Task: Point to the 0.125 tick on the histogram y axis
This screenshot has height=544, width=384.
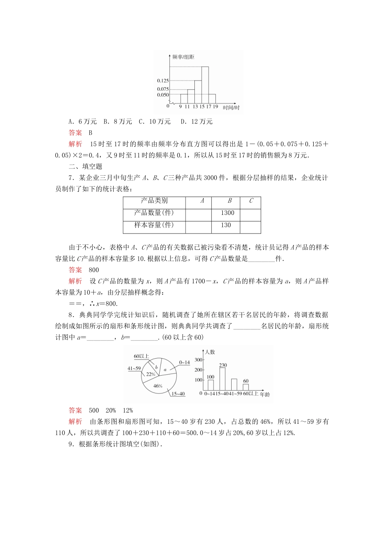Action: point(163,81)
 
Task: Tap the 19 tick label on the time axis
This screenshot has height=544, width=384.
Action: point(215,106)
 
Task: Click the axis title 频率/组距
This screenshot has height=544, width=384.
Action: point(183,57)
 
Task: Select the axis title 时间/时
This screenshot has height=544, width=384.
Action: point(231,108)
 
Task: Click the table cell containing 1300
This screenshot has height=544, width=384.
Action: point(228,213)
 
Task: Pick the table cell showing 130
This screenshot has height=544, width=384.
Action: point(226,225)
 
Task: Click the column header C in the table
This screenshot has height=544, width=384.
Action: point(251,201)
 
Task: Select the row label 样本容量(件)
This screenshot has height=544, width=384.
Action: point(154,225)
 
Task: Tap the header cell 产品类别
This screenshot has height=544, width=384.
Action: point(154,201)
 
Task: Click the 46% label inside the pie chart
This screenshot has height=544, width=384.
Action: point(158,386)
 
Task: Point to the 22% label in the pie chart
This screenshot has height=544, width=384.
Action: point(151,374)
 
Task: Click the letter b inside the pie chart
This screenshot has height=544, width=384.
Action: point(156,367)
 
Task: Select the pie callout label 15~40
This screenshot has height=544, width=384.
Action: point(178,394)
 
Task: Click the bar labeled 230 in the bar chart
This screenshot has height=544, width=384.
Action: point(223,379)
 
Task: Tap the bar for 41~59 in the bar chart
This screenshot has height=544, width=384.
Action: point(234,385)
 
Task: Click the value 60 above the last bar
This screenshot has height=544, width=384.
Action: point(246,381)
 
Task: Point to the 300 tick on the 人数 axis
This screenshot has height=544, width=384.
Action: point(198,360)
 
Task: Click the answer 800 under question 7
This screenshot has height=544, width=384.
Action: point(94,270)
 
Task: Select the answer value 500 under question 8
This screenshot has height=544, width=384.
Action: point(94,410)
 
